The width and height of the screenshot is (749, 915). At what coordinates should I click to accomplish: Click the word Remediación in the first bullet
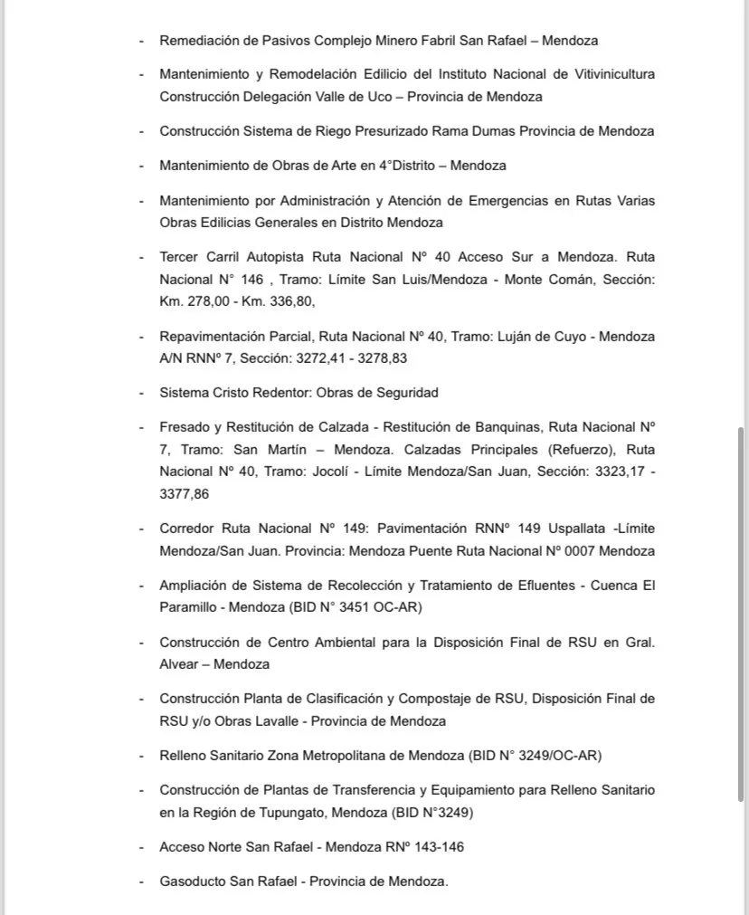[x=196, y=41]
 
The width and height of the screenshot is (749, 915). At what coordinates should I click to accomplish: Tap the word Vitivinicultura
[x=604, y=74]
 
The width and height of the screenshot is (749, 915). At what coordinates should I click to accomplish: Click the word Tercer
[x=181, y=257]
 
